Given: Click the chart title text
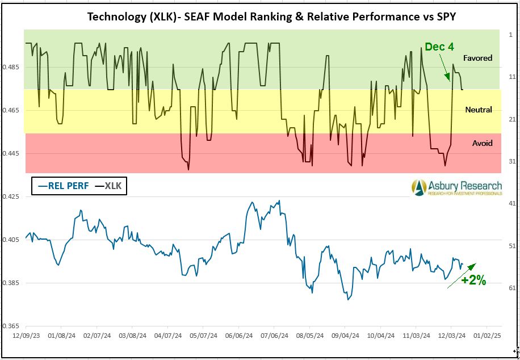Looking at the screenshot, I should (271, 16).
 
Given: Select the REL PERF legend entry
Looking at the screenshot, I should (62, 186).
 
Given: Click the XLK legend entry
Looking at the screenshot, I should (108, 186).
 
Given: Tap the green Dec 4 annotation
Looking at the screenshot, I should (439, 47).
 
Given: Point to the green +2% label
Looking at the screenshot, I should (473, 280).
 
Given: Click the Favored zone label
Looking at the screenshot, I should (477, 58).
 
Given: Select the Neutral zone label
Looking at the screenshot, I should (478, 110).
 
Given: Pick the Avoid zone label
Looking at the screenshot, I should (483, 143).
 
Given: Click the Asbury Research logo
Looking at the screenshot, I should (457, 187).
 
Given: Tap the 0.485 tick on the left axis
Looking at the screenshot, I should (12, 67).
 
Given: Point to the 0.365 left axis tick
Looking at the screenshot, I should (12, 326).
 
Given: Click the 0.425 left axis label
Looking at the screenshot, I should (12, 196).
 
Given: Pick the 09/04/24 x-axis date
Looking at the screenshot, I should (345, 336).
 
